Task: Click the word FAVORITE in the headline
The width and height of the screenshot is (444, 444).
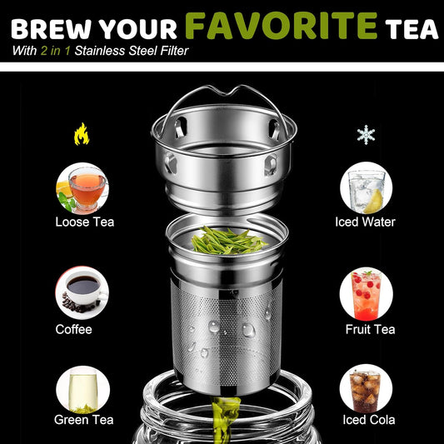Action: (x=282, y=24)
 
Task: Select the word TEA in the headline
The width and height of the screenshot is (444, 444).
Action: (x=411, y=28)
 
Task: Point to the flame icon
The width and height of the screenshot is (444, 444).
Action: (x=82, y=133)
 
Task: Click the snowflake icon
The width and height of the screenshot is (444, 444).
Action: (x=365, y=134)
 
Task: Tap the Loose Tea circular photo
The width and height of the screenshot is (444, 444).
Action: (x=82, y=187)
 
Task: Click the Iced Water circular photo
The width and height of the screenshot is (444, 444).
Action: (x=366, y=187)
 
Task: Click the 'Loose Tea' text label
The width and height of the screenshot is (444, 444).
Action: (x=84, y=222)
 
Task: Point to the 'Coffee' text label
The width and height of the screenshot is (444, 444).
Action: (x=73, y=329)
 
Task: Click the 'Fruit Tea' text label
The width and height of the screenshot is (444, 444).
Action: (x=369, y=329)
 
